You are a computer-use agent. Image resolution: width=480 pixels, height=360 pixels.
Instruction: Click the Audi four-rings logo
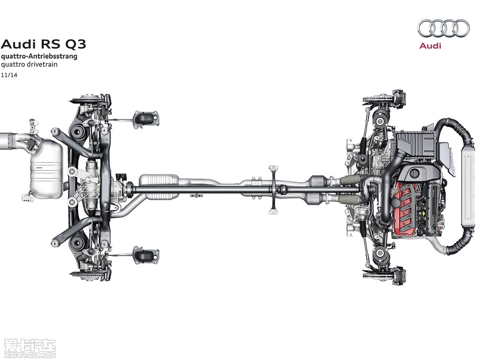click(x=444, y=28)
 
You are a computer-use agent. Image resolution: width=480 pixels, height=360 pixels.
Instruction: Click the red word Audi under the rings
click(x=430, y=46)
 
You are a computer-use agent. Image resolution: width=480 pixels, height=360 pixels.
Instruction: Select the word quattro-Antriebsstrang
click(x=39, y=57)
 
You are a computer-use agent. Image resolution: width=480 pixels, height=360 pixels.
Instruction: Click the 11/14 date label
click(x=9, y=75)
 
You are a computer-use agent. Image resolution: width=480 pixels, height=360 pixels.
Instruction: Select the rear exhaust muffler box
click(x=46, y=169)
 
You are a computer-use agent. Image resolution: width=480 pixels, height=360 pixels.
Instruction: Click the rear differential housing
click(x=93, y=187)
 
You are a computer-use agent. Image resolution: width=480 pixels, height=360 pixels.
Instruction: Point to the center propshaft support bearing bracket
click(x=273, y=190)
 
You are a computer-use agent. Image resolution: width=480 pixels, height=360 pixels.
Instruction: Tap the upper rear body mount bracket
click(x=146, y=118)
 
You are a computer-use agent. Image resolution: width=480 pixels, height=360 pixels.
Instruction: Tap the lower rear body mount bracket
click(x=146, y=255)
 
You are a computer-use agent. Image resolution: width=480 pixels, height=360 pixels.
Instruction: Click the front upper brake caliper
click(x=399, y=97)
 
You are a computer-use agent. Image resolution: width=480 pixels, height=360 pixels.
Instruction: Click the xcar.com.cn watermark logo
click(x=30, y=348)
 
